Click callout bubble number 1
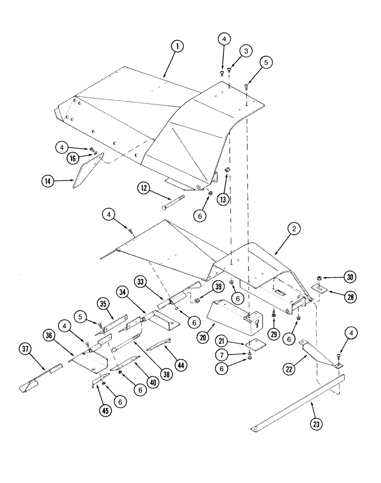[x=177, y=47]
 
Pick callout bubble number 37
[x=26, y=349]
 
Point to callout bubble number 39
[x=218, y=287]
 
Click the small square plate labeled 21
[x=249, y=346]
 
